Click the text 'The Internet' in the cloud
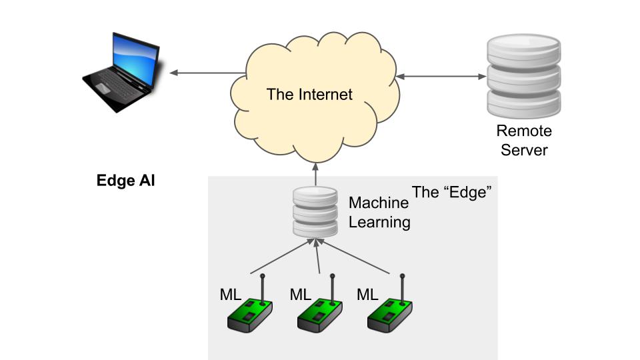[309, 94]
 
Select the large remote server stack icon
[523, 76]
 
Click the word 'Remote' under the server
[524, 131]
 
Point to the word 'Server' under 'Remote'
[524, 150]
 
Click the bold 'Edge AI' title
[126, 181]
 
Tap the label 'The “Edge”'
[451, 193]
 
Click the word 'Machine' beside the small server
[379, 203]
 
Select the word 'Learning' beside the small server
[379, 221]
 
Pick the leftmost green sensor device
[251, 313]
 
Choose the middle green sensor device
[321, 313]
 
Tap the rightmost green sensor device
[390, 313]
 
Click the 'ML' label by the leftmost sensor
[231, 294]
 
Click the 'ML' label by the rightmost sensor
[368, 294]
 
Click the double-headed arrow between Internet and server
[441, 77]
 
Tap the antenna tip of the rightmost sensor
[402, 275]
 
